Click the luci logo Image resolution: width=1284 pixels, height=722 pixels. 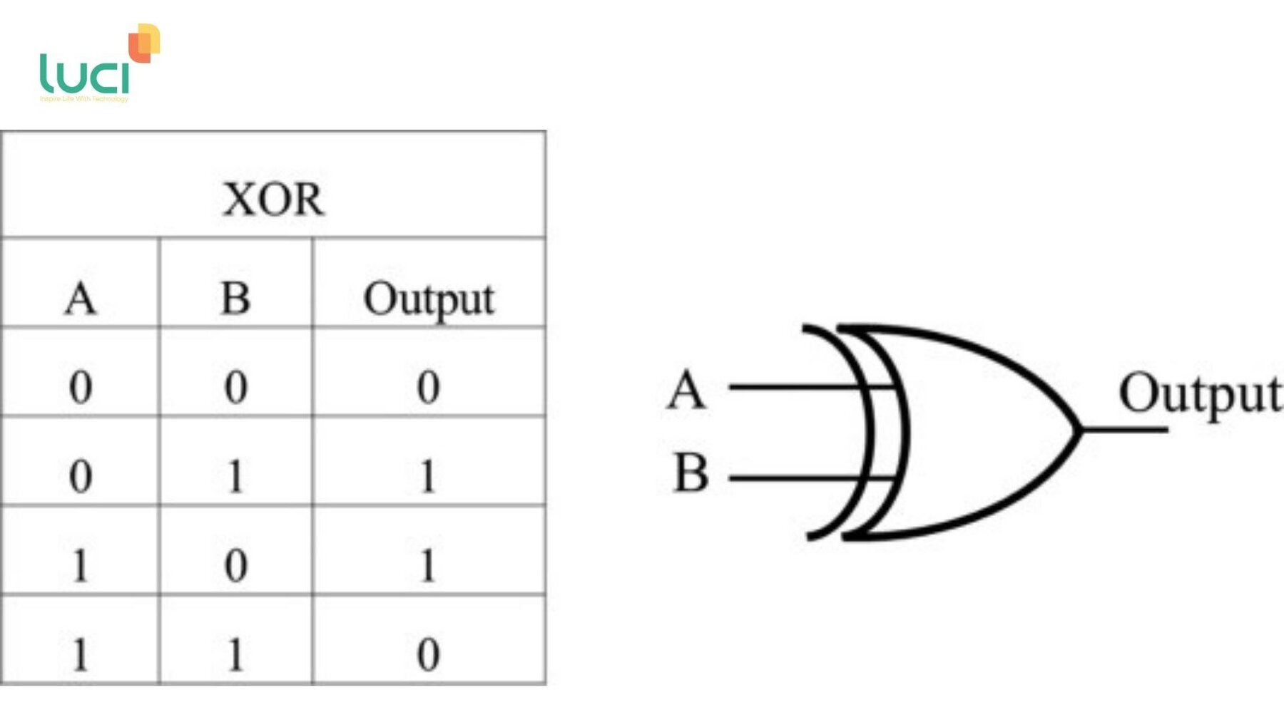pyautogui.click(x=99, y=64)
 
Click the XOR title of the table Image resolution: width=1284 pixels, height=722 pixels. pyautogui.click(x=273, y=199)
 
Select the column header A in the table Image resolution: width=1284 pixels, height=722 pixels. pyautogui.click(x=80, y=298)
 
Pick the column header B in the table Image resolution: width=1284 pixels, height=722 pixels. pyautogui.click(x=235, y=298)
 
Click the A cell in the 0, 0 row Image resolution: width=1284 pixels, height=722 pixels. pyautogui.click(x=80, y=388)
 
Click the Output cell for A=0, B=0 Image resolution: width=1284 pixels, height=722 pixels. pyautogui.click(x=428, y=388)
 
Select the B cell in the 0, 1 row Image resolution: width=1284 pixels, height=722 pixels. pyautogui.click(x=235, y=476)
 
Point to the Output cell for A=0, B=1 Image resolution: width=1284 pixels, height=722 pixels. pyautogui.click(x=428, y=476)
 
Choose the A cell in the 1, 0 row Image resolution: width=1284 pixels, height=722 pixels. pyautogui.click(x=80, y=566)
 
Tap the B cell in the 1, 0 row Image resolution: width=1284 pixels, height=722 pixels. pyautogui.click(x=235, y=566)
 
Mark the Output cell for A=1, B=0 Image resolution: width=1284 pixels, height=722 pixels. pyautogui.click(x=428, y=566)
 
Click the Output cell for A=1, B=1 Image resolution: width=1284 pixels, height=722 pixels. pyautogui.click(x=428, y=654)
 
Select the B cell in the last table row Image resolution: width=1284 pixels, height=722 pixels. pyautogui.click(x=235, y=654)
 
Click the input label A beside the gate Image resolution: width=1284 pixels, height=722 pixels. pyautogui.click(x=686, y=390)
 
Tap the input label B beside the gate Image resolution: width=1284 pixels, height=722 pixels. pyautogui.click(x=691, y=473)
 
